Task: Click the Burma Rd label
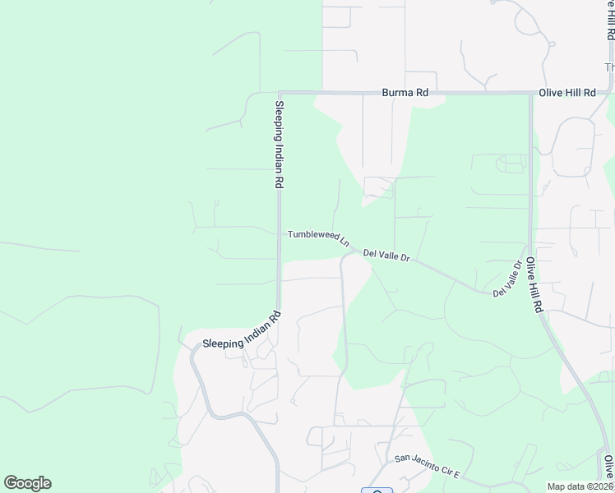pyautogui.click(x=405, y=93)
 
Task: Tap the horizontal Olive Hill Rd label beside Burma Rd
pyautogui.click(x=566, y=93)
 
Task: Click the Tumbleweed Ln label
pyautogui.click(x=318, y=238)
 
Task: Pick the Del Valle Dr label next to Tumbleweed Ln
pyautogui.click(x=386, y=256)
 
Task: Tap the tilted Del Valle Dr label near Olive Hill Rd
pyautogui.click(x=507, y=280)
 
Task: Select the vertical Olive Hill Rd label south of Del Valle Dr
pyautogui.click(x=535, y=284)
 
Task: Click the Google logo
pyautogui.click(x=27, y=483)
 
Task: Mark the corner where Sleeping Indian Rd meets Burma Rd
pyautogui.click(x=280, y=93)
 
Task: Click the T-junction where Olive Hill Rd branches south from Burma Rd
pyautogui.click(x=530, y=93)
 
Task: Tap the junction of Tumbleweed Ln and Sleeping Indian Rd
pyautogui.click(x=280, y=233)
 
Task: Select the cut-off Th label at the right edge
pyautogui.click(x=609, y=67)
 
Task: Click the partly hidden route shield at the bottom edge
pyautogui.click(x=377, y=491)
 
